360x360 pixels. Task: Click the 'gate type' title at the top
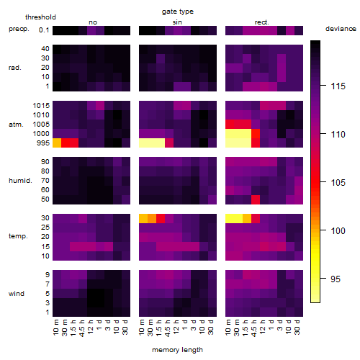[x=178, y=12]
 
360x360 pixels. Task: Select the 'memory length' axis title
[x=177, y=350]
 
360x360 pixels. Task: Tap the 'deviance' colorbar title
[x=341, y=29]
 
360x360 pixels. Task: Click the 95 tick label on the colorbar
[x=336, y=279]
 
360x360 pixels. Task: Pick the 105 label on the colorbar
[x=338, y=183]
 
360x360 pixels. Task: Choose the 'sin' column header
[x=177, y=22]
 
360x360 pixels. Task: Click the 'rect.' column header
[x=261, y=22]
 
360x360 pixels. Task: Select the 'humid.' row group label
[x=20, y=181]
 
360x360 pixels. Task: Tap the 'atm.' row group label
[x=16, y=125]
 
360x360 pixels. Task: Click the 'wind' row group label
[x=17, y=294]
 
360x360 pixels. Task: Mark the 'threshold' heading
[x=40, y=17]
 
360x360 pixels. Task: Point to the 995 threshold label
[x=43, y=143]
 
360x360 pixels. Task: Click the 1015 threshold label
[x=41, y=106]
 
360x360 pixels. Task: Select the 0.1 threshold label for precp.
[x=44, y=30]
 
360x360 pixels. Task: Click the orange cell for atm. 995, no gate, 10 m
[x=57, y=143]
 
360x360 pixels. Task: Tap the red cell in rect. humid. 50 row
[x=256, y=199]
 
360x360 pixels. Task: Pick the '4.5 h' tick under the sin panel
[x=168, y=328]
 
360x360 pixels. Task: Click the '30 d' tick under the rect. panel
[x=297, y=327]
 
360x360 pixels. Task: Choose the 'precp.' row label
[x=19, y=29]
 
